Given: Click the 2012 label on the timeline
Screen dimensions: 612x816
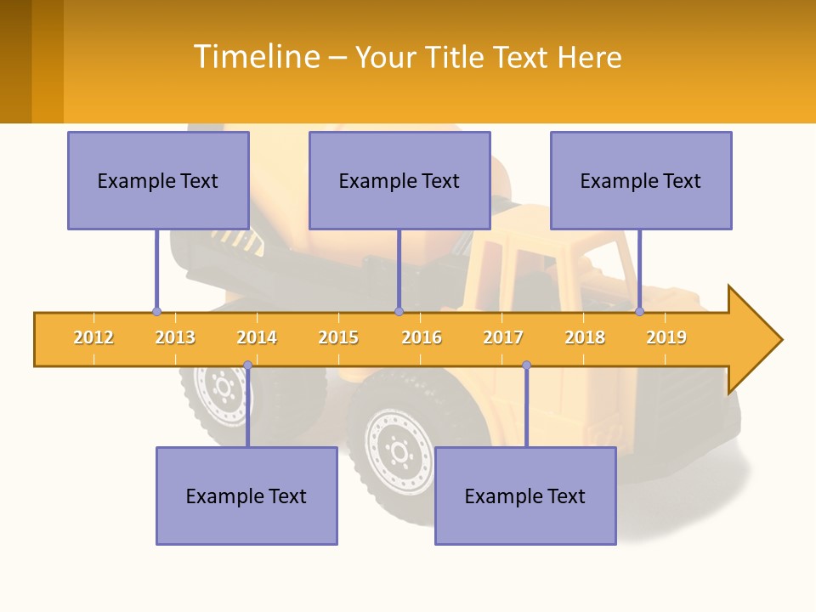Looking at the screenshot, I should point(93,337).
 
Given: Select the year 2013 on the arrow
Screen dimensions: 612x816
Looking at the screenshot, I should point(175,337).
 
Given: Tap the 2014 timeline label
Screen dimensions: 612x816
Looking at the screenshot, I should point(257,337).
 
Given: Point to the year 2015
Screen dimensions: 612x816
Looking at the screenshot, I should point(338,337).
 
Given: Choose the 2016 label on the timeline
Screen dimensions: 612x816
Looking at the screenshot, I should point(422,337).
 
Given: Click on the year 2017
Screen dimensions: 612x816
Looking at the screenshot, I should point(503,337).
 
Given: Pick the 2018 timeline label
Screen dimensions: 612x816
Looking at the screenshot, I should point(585,337).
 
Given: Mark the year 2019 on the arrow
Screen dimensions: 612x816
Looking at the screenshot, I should point(666,337).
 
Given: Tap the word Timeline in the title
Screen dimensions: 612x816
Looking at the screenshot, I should point(256,57).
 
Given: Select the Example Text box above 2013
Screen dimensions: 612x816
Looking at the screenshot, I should point(158,180).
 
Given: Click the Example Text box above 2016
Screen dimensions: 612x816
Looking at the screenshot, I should point(399,180).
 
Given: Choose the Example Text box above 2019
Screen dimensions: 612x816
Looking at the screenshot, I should point(641,180).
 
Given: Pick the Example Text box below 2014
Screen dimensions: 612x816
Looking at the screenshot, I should point(246,496).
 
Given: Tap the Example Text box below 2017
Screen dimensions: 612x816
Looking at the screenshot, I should point(525,496).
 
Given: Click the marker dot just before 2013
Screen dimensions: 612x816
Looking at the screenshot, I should point(156,311).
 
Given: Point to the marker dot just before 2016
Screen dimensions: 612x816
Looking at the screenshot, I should point(399,311).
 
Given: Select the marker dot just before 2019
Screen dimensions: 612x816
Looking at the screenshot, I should point(640,311).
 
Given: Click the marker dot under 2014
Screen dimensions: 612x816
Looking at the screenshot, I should point(247,365).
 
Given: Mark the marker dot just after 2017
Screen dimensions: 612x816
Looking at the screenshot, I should point(526,365).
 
